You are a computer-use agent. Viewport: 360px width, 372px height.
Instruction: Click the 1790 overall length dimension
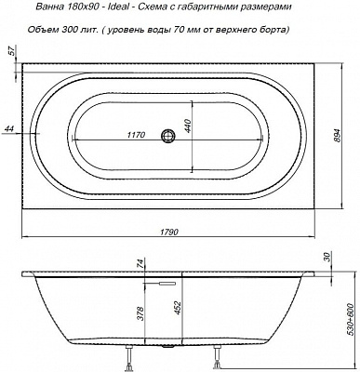click(x=169, y=232)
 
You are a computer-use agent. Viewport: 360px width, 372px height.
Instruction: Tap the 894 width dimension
click(x=339, y=136)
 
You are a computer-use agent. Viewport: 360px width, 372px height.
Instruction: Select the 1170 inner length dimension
click(x=136, y=135)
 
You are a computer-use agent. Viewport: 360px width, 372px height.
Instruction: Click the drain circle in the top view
click(x=168, y=136)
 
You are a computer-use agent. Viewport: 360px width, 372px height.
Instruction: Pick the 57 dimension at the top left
click(x=12, y=52)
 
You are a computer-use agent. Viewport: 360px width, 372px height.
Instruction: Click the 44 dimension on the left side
click(x=10, y=129)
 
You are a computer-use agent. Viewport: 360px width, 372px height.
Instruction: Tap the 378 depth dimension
click(x=141, y=312)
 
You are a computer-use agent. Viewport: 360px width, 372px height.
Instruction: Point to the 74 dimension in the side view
click(x=140, y=263)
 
